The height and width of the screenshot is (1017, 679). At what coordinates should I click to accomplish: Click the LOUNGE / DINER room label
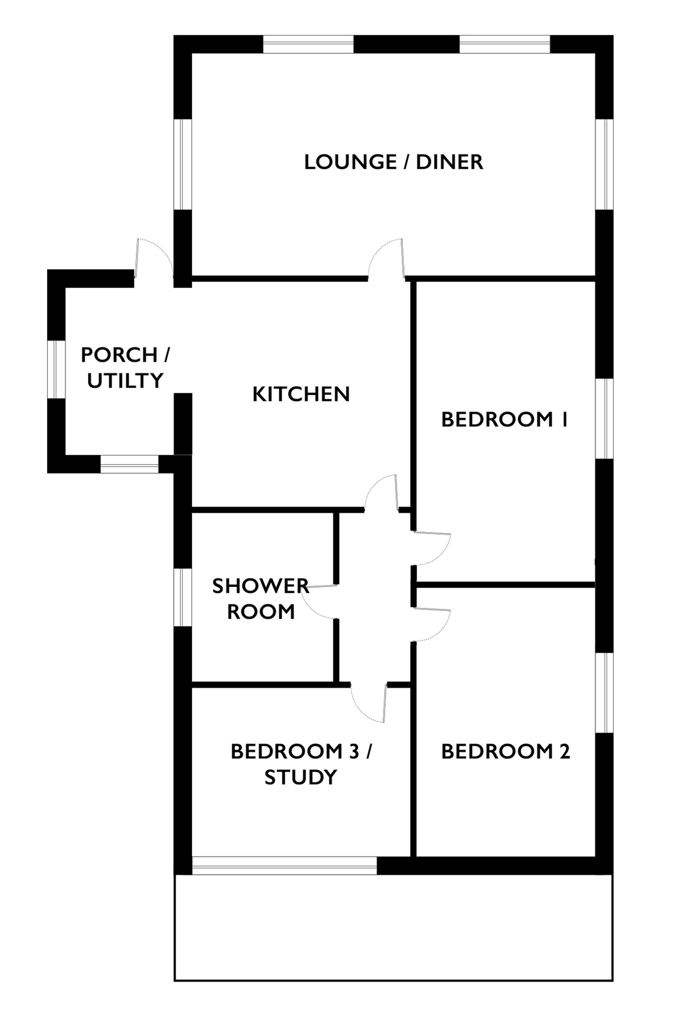pos(393,162)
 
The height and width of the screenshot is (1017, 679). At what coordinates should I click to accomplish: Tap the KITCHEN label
pos(301,395)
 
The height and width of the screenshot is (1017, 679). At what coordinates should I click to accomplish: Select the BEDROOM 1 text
pos(505,420)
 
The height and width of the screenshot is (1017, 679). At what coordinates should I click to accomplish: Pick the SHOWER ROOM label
pos(261,599)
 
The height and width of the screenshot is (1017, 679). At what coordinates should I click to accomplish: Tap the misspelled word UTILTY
pos(125,381)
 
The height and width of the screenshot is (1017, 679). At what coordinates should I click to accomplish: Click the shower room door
pos(319,601)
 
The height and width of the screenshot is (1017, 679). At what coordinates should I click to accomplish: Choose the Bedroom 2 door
pos(432,624)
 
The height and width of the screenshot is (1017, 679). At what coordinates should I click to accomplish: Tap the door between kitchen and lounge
pos(386,258)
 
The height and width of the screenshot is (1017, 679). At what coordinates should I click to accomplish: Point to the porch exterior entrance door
pos(154,258)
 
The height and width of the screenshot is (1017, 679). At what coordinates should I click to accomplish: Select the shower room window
pos(183,597)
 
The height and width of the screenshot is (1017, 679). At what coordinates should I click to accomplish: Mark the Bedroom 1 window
pos(604,418)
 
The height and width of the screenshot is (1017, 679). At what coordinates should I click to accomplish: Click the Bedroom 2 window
pos(604,693)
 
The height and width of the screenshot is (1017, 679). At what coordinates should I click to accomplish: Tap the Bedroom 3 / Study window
pos(284,866)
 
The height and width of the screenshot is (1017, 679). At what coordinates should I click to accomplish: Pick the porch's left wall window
pos(56,369)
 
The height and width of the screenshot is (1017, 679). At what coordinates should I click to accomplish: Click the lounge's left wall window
pos(183,164)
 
